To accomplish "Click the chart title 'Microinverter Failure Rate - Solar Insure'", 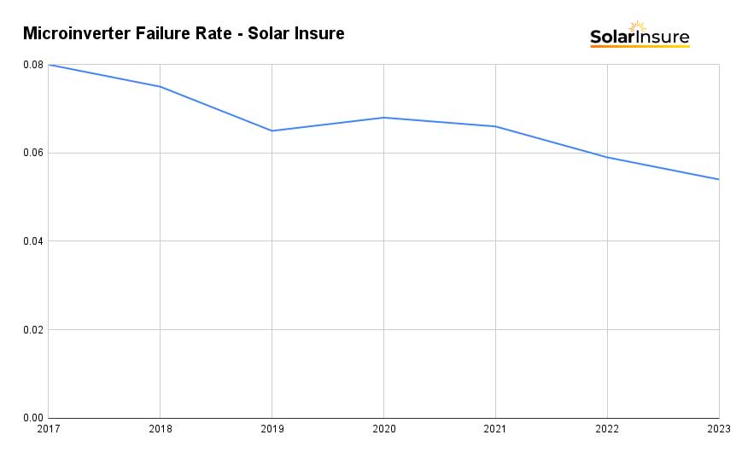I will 184,34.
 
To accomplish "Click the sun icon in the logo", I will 638,27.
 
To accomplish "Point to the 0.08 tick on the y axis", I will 33,65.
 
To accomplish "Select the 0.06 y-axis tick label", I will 33,153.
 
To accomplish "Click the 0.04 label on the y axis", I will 33,241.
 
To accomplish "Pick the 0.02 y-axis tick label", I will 33,330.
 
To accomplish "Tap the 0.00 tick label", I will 33,418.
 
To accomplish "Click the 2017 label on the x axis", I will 49,429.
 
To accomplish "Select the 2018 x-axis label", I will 161,429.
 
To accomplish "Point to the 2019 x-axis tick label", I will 272,429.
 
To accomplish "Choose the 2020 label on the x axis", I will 383,429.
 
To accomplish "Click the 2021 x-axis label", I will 495,429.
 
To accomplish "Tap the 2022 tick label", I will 607,429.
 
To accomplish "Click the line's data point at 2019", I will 272,130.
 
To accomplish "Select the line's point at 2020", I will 383,118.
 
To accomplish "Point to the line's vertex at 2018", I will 161,86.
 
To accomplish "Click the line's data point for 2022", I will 607,157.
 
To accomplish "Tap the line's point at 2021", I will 495,126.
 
